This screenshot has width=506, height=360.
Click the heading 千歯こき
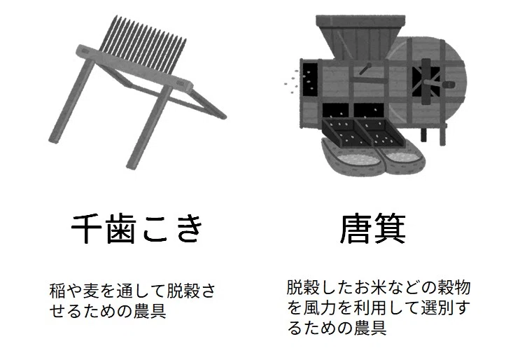137,228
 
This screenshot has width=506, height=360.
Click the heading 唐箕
373,228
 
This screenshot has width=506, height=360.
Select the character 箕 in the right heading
390,228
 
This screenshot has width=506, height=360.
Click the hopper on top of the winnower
360,36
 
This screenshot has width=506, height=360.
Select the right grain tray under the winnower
379,132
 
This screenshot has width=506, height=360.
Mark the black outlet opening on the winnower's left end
310,78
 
